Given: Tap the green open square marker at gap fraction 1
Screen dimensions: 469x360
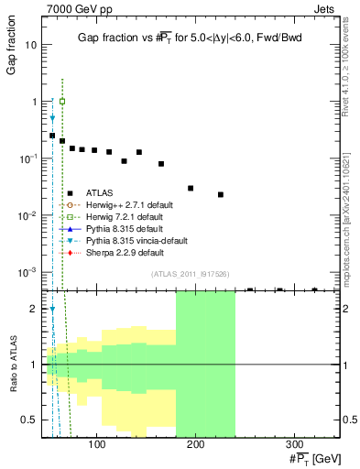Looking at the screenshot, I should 62,101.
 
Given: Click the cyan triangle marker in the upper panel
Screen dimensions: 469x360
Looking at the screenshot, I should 52,118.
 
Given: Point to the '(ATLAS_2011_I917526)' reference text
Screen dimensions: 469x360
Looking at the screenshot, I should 190,274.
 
